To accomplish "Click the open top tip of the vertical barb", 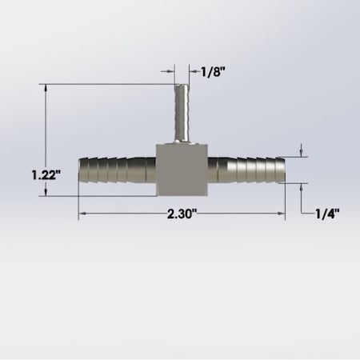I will [180, 84].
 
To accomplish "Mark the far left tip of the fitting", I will [80, 170].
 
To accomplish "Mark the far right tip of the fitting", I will [285, 170].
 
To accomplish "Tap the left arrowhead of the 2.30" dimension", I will [82, 214].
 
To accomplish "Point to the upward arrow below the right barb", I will [302, 186].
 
